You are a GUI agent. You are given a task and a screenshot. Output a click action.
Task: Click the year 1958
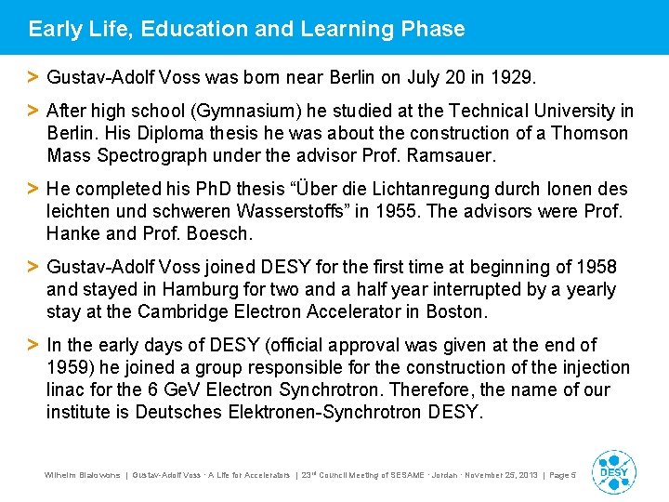(x=596, y=267)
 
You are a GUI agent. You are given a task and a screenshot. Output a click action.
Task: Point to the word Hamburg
(x=207, y=289)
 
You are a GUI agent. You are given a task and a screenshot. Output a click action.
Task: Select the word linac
(x=66, y=390)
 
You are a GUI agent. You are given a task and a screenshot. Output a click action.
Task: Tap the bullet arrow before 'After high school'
(x=33, y=111)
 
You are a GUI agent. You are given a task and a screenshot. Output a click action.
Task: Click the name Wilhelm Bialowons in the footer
(x=83, y=474)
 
